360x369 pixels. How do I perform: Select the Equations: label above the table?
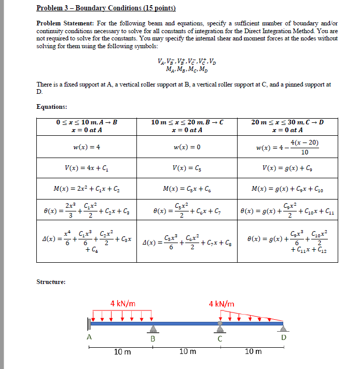[x=52, y=107]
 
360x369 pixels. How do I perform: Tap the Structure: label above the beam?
[x=51, y=282]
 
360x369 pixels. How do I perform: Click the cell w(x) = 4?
[x=87, y=147]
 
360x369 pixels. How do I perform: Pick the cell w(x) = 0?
[x=187, y=147]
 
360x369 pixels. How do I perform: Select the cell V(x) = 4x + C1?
[x=87, y=168]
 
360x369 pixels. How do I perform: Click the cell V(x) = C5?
[x=187, y=168]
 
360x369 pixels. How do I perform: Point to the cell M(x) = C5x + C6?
[x=187, y=189]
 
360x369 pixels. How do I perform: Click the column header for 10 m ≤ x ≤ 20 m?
[x=187, y=126]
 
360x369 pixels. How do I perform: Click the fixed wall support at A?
[x=89, y=324]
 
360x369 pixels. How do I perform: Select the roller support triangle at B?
[x=153, y=329]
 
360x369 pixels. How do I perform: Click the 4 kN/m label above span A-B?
[x=122, y=303]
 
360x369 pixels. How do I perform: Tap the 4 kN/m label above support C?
[x=221, y=303]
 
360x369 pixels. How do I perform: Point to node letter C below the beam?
[x=220, y=339]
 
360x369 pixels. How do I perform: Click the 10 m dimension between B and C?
[x=187, y=352]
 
